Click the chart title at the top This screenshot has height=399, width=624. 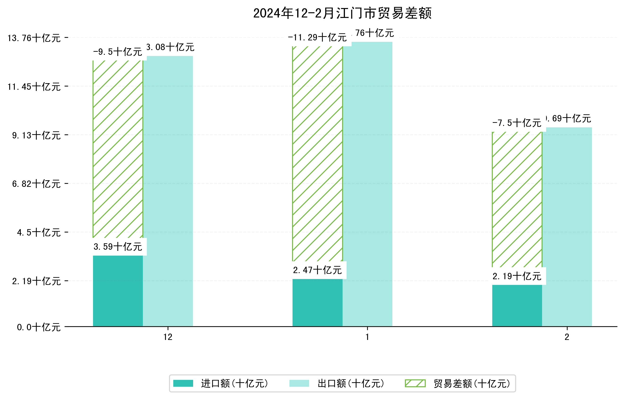click(342, 13)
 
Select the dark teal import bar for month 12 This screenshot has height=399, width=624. click(118, 291)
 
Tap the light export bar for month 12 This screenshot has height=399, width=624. click(168, 191)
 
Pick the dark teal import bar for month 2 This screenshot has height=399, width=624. click(517, 306)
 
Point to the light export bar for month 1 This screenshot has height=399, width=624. click(367, 184)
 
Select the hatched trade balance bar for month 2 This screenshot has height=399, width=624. click(517, 199)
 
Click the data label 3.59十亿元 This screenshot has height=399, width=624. click(118, 247)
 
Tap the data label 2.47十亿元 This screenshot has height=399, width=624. click(318, 270)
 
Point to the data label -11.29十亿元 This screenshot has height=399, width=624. click(318, 38)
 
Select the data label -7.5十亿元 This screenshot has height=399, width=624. click(517, 123)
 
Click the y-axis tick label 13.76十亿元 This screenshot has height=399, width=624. click(34, 38)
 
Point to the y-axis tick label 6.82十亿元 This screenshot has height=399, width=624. click(36, 184)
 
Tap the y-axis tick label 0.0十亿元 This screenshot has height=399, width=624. click(39, 327)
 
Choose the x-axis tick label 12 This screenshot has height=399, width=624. click(168, 337)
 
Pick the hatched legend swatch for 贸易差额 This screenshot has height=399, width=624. click(415, 383)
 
